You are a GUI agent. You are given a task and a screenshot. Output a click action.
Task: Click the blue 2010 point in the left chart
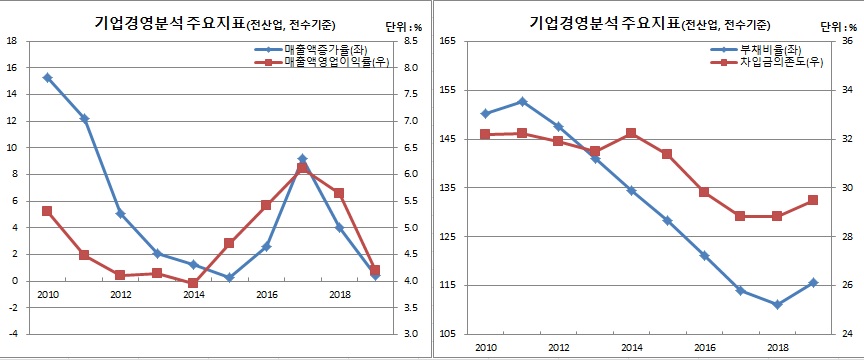47,77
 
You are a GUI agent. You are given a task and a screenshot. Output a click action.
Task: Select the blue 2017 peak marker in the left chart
302,159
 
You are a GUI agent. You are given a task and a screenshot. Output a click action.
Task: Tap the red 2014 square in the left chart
193,283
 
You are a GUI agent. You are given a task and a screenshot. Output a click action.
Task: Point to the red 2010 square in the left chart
47,211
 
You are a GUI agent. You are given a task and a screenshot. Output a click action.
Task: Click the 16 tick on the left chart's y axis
12,67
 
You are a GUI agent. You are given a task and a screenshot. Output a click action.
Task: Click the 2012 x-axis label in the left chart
120,294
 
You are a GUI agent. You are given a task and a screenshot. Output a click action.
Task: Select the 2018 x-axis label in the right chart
777,346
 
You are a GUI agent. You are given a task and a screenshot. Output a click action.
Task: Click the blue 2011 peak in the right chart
522,101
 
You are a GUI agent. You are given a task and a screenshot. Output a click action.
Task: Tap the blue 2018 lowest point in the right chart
777,305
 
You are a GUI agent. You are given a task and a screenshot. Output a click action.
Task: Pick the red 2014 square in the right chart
631,133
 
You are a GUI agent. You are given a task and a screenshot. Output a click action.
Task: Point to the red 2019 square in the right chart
813,200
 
